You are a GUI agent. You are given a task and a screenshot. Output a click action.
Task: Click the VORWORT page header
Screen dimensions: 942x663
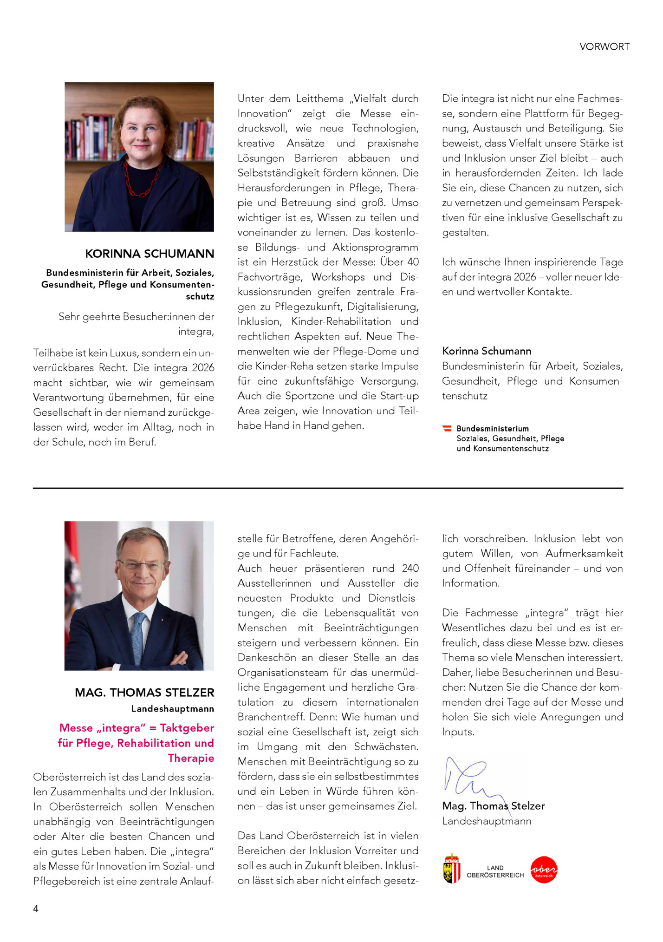tap(604, 46)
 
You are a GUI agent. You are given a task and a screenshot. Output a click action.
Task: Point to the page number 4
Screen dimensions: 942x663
tap(36, 909)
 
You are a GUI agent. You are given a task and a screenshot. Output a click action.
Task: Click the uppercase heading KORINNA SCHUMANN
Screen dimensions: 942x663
tap(149, 254)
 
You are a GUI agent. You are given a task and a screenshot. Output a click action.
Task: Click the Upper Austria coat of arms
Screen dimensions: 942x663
tap(452, 868)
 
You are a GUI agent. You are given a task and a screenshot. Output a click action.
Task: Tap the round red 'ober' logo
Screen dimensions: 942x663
tap(544, 870)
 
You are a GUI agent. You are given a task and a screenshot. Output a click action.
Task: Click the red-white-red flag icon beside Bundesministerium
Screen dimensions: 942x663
tap(447, 428)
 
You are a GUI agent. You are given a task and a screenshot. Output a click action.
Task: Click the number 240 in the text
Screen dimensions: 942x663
tap(410, 568)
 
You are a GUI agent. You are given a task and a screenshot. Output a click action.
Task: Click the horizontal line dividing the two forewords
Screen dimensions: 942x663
tap(328, 488)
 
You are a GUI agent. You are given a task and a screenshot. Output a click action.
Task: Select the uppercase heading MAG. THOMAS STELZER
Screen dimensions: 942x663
tap(144, 693)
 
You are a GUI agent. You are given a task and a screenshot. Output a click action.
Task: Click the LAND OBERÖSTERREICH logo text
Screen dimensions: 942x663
tap(495, 871)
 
